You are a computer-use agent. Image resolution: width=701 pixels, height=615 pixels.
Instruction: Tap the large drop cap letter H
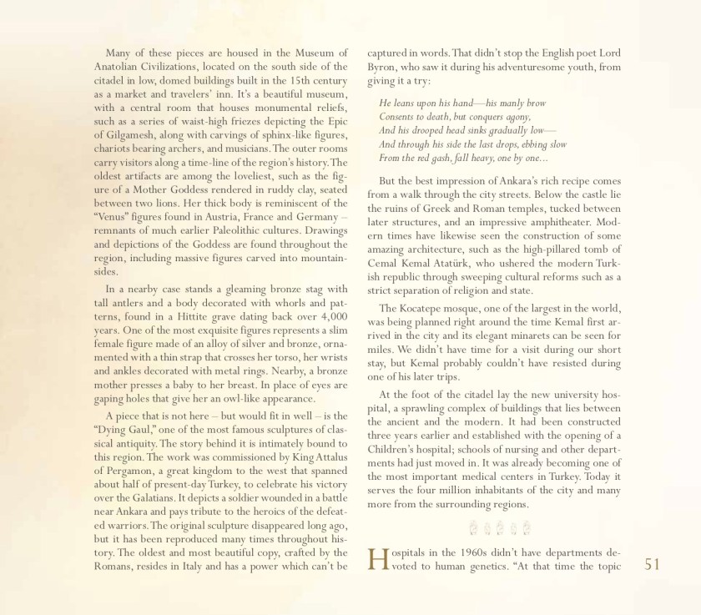coord(378,560)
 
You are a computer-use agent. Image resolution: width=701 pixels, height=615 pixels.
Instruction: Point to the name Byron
coord(386,66)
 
